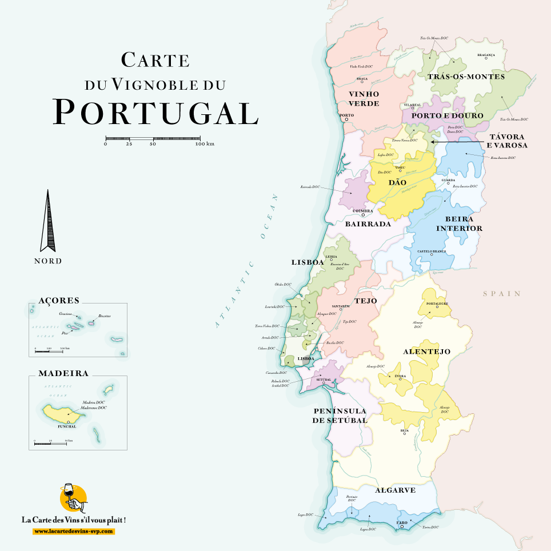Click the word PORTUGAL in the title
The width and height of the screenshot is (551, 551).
(155, 112)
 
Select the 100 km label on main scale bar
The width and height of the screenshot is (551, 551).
(204, 144)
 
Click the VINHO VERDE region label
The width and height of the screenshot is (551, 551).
(364, 98)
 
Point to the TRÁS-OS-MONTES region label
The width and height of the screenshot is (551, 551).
(466, 77)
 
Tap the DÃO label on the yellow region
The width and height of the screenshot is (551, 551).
(397, 182)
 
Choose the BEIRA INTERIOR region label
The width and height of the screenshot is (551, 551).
(459, 223)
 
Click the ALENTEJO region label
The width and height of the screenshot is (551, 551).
(427, 352)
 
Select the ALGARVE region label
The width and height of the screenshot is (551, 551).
(395, 490)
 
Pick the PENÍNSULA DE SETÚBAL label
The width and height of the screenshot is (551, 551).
(340, 416)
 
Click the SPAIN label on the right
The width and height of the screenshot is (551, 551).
(502, 294)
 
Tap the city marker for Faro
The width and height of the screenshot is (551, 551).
(402, 527)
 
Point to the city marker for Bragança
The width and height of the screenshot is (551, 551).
(486, 61)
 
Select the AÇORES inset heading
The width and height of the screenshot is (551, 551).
(59, 300)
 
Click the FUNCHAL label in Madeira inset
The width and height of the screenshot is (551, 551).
(68, 427)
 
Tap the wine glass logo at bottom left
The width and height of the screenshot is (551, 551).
(73, 499)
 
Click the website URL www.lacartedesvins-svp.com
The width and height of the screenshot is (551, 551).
(74, 531)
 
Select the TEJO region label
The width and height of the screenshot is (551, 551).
(365, 300)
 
